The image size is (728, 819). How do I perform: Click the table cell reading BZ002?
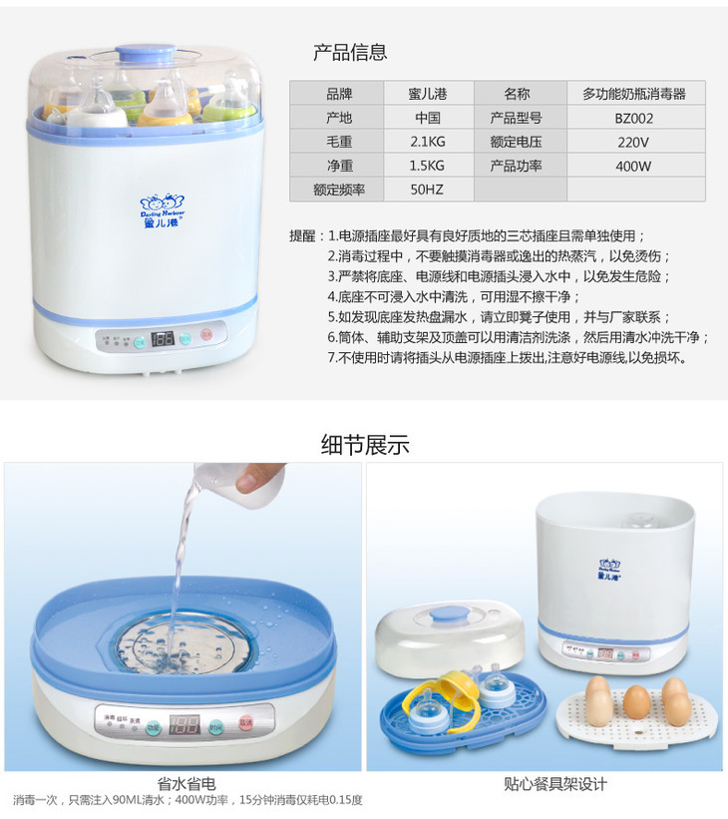coord(635,118)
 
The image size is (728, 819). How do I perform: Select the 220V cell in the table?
coord(635,142)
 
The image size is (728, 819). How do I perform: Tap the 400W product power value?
coord(635,166)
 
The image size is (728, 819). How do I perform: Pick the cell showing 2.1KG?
coord(428,142)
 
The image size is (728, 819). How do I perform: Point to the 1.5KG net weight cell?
coord(428,166)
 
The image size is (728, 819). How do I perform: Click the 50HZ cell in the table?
coord(428,190)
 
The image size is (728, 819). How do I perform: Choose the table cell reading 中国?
coord(428,118)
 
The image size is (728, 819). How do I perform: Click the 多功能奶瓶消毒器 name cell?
coord(635,94)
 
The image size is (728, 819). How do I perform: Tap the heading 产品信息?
coord(350,52)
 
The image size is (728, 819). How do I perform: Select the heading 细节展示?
coord(365,445)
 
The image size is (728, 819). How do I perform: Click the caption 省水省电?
coord(186,783)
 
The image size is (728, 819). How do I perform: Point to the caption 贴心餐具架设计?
coord(555,783)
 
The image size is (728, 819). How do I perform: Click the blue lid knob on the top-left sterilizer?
coord(146,53)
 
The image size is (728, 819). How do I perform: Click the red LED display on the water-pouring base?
coord(183,724)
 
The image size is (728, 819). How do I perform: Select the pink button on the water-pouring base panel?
coord(245,722)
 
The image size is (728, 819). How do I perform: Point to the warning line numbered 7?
coord(508,358)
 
